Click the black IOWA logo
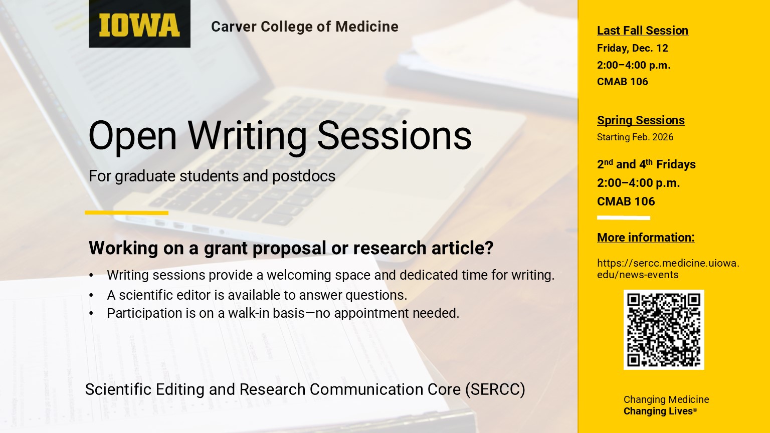point(139,24)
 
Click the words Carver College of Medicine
point(305,27)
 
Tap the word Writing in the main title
point(247,137)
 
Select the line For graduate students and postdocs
point(212,176)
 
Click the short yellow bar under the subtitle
point(126,212)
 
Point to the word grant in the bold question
point(226,249)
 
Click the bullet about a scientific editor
point(257,295)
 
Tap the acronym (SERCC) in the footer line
point(495,390)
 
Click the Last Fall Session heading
point(643,31)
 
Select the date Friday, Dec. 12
point(633,48)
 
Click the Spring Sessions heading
point(641,120)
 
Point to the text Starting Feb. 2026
point(635,137)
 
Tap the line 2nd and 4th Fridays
point(646,164)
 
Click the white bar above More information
point(624,218)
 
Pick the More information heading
point(646,238)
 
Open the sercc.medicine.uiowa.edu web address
point(668,269)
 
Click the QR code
point(664,330)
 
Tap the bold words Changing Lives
point(658,411)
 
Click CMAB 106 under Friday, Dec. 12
point(622,82)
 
